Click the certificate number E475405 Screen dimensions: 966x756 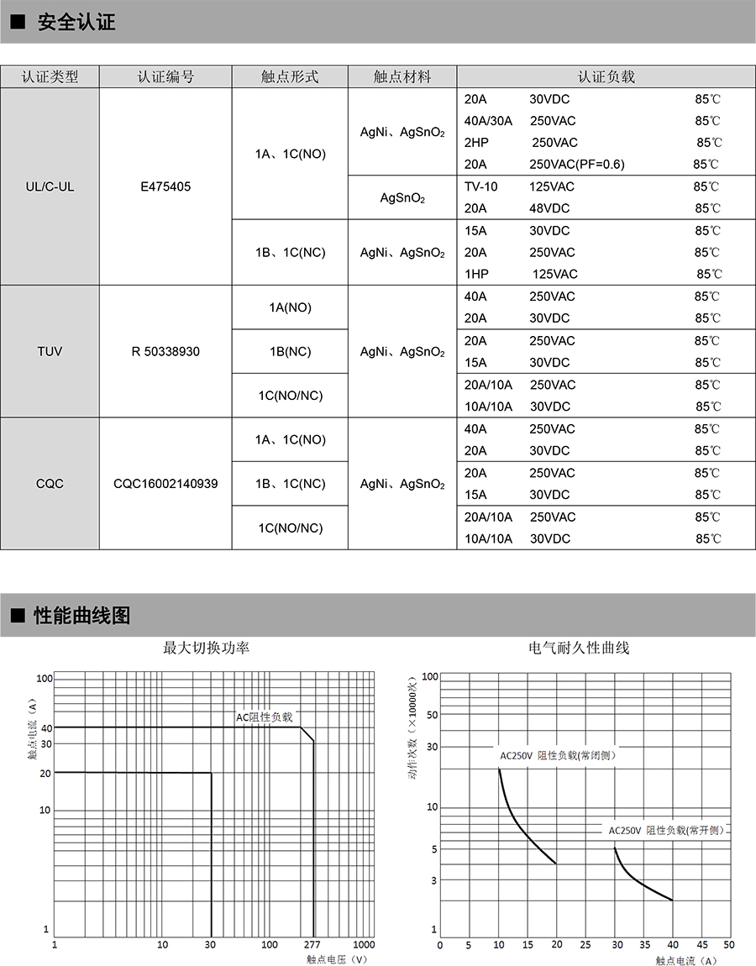[x=165, y=186]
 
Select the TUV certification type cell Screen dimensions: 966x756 [x=50, y=351]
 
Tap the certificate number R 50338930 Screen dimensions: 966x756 [x=165, y=351]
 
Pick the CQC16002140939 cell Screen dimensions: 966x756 [x=165, y=484]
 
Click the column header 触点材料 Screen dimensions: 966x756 [x=402, y=76]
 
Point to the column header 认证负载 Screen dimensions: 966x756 [x=606, y=76]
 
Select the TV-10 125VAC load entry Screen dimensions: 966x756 [x=519, y=186]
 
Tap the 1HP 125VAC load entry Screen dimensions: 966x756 [x=521, y=274]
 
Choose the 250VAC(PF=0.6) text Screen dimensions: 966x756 [x=577, y=165]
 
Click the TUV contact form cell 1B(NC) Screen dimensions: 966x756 [x=290, y=351]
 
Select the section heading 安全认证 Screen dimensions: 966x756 [x=76, y=23]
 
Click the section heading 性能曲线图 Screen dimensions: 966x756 [x=82, y=616]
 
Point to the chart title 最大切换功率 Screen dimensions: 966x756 [x=206, y=648]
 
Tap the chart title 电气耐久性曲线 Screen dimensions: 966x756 [x=579, y=648]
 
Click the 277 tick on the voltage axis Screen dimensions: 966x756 [x=312, y=944]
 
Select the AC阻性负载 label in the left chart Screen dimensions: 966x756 [x=264, y=717]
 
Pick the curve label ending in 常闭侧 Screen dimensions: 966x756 [x=558, y=755]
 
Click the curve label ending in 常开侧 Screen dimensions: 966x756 [x=666, y=830]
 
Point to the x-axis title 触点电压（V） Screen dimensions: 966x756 [x=337, y=959]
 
